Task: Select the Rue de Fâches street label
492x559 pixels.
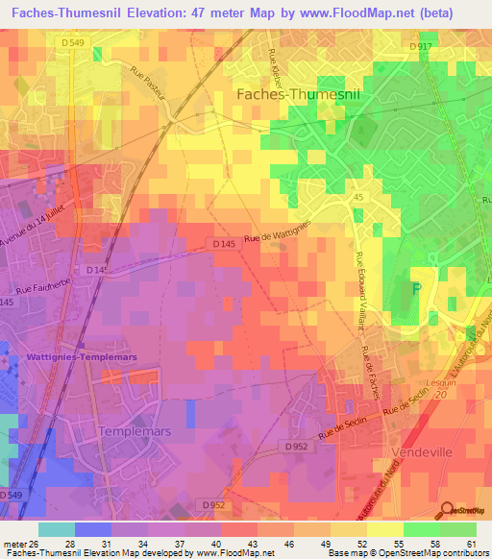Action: point(371,375)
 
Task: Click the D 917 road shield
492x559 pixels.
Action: point(421,46)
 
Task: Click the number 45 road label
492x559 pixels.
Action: point(358,195)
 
